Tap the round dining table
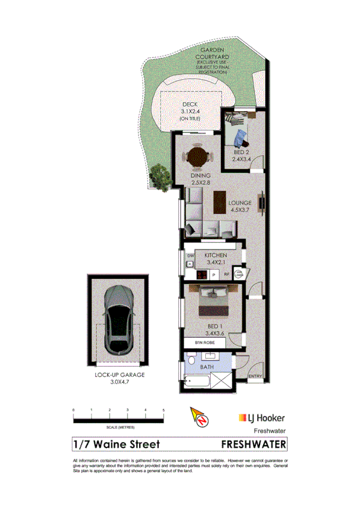coord(197,158)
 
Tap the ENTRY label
coord(255,378)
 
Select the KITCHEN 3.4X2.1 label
coord(215,259)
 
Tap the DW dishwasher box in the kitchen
coord(190,256)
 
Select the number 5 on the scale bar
coord(164,409)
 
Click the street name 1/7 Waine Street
coord(116,444)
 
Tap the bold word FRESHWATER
coord(253,444)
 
